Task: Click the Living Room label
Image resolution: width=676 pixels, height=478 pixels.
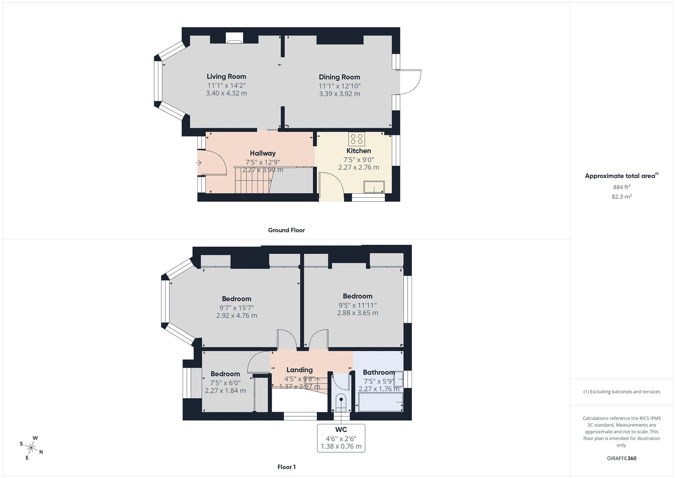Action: coord(226,76)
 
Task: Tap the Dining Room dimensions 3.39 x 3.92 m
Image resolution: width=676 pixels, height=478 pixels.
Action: coord(339,94)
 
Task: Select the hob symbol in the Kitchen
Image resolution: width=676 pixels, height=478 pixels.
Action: coord(357,139)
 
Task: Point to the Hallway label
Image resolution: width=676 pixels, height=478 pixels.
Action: coord(262,153)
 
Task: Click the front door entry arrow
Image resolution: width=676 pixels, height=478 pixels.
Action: coord(199,162)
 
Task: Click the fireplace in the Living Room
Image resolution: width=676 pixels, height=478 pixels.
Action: coord(234,38)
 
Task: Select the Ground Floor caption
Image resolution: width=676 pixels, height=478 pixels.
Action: coord(286,230)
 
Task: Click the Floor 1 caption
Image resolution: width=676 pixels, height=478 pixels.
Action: coord(286,467)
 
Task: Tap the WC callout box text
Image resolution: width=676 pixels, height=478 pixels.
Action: coord(341,438)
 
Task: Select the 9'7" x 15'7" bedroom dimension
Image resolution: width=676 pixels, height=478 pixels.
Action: coord(237,308)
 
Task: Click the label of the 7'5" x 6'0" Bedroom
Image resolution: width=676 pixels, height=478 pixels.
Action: coord(225,374)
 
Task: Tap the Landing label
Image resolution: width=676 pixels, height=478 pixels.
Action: coord(300,370)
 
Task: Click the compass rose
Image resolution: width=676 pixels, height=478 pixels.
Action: coord(31,447)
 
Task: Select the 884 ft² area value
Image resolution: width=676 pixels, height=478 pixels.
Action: coord(621,187)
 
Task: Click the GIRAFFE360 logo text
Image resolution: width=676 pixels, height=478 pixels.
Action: coord(621,458)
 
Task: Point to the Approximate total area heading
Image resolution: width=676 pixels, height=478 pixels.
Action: coord(620,176)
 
